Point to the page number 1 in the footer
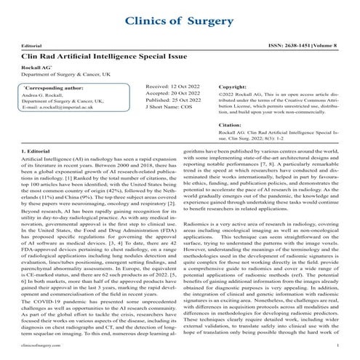tap(339, 351)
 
